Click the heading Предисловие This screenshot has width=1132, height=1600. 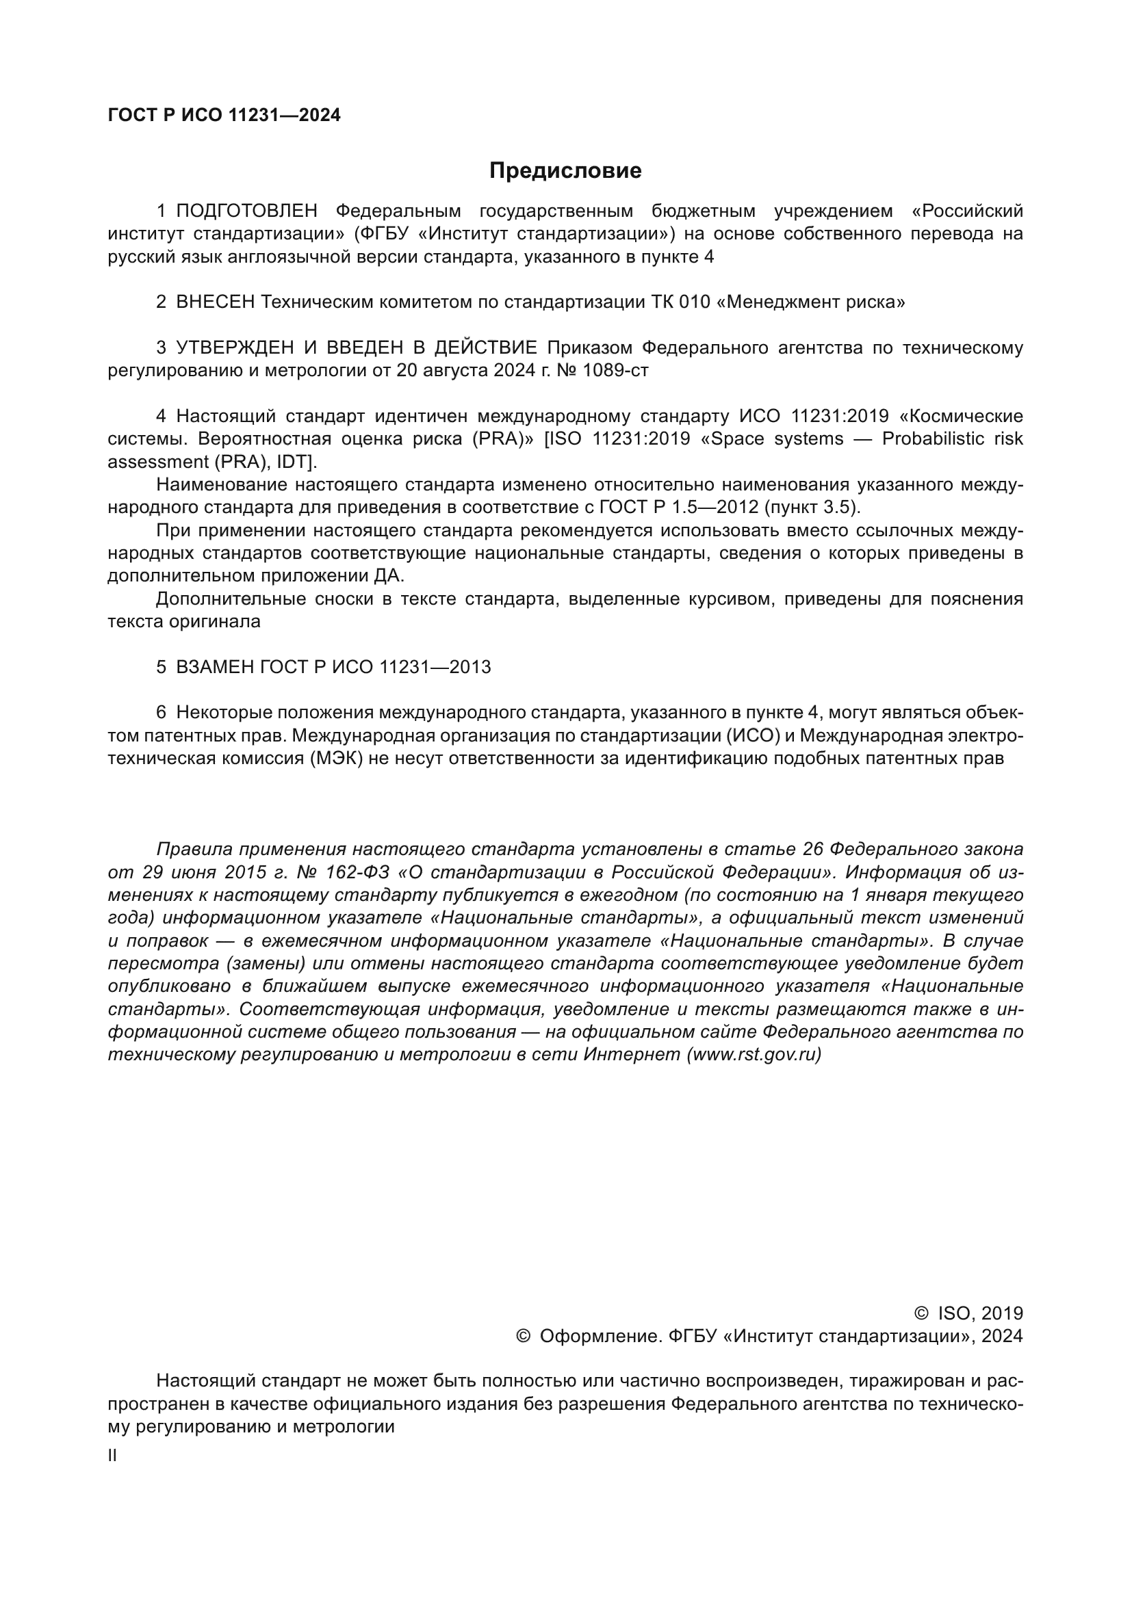coord(565,171)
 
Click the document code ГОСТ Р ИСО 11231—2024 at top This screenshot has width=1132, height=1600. coord(224,116)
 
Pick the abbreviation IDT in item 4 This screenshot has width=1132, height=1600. coord(297,462)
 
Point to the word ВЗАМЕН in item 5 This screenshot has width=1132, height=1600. coord(215,667)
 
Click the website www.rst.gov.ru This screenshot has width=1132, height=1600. coord(754,1054)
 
